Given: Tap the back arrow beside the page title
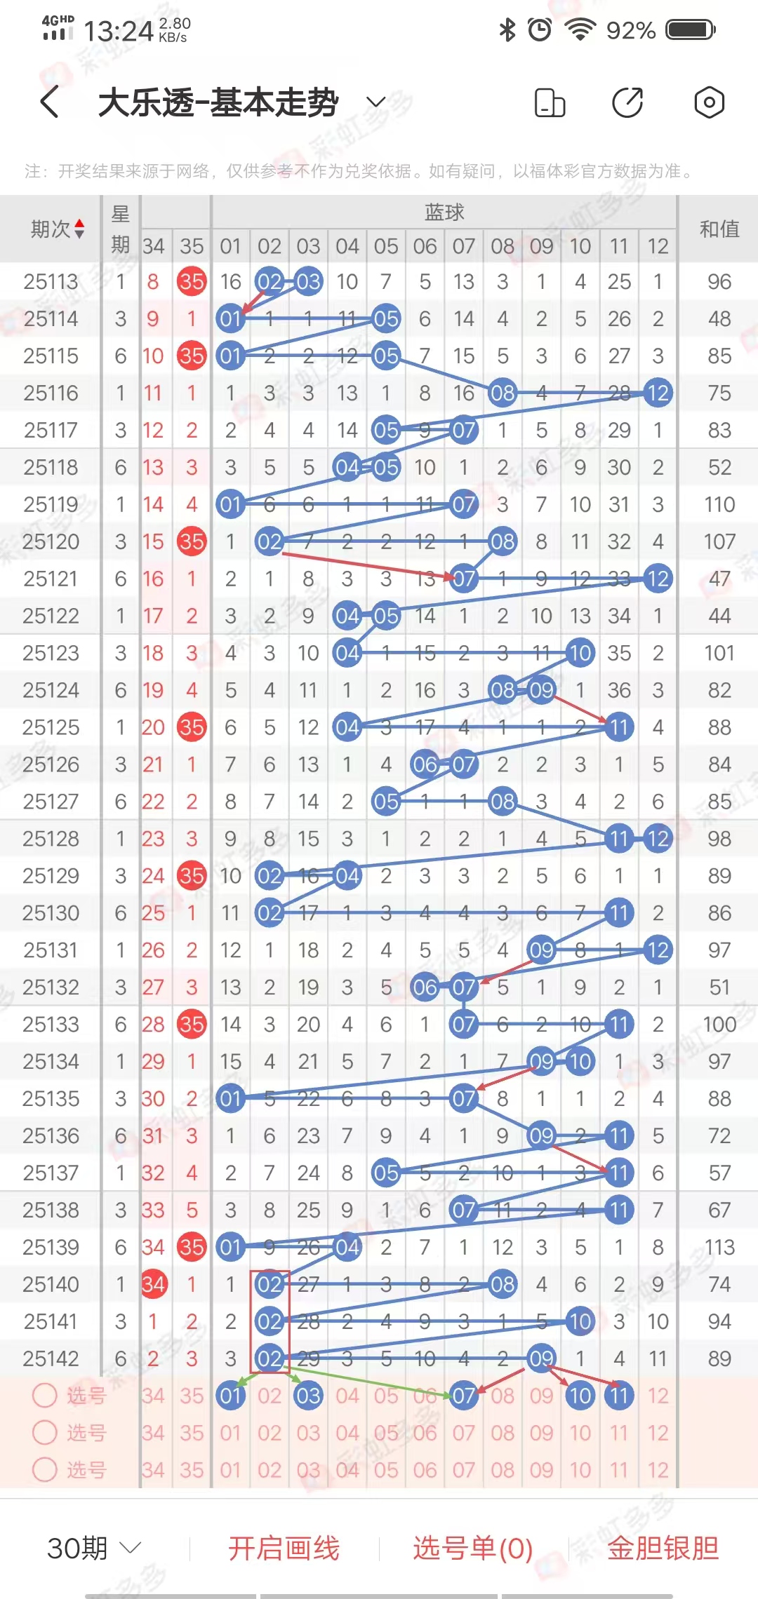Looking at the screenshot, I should pyautogui.click(x=50, y=102).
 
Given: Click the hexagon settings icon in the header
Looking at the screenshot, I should pyautogui.click(x=709, y=102).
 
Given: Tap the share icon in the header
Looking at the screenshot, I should pyautogui.click(x=627, y=102).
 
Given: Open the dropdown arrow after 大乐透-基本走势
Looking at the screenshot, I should pyautogui.click(x=376, y=102).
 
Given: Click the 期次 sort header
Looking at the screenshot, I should pyautogui.click(x=58, y=229).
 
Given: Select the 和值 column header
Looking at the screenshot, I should pyautogui.click(x=719, y=229).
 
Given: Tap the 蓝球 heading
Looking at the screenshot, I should pyautogui.click(x=444, y=212).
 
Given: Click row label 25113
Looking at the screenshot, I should pyautogui.click(x=51, y=282).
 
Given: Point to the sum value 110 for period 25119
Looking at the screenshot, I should pyautogui.click(x=719, y=504).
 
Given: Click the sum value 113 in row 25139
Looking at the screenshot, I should pyautogui.click(x=719, y=1247).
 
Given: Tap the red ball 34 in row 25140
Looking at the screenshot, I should pyautogui.click(x=153, y=1284).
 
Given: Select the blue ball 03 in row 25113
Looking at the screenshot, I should pyautogui.click(x=308, y=282).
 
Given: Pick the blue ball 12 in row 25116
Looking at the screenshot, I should pyautogui.click(x=658, y=393).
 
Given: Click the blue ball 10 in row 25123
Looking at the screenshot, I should pyautogui.click(x=580, y=653).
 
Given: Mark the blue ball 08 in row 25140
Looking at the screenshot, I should pyautogui.click(x=503, y=1284).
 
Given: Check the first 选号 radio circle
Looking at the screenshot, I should pyautogui.click(x=45, y=1396).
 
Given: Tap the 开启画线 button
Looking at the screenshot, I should pyautogui.click(x=284, y=1548).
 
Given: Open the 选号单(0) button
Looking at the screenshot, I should pyautogui.click(x=472, y=1548).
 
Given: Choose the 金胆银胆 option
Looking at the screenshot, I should pyautogui.click(x=663, y=1548).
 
